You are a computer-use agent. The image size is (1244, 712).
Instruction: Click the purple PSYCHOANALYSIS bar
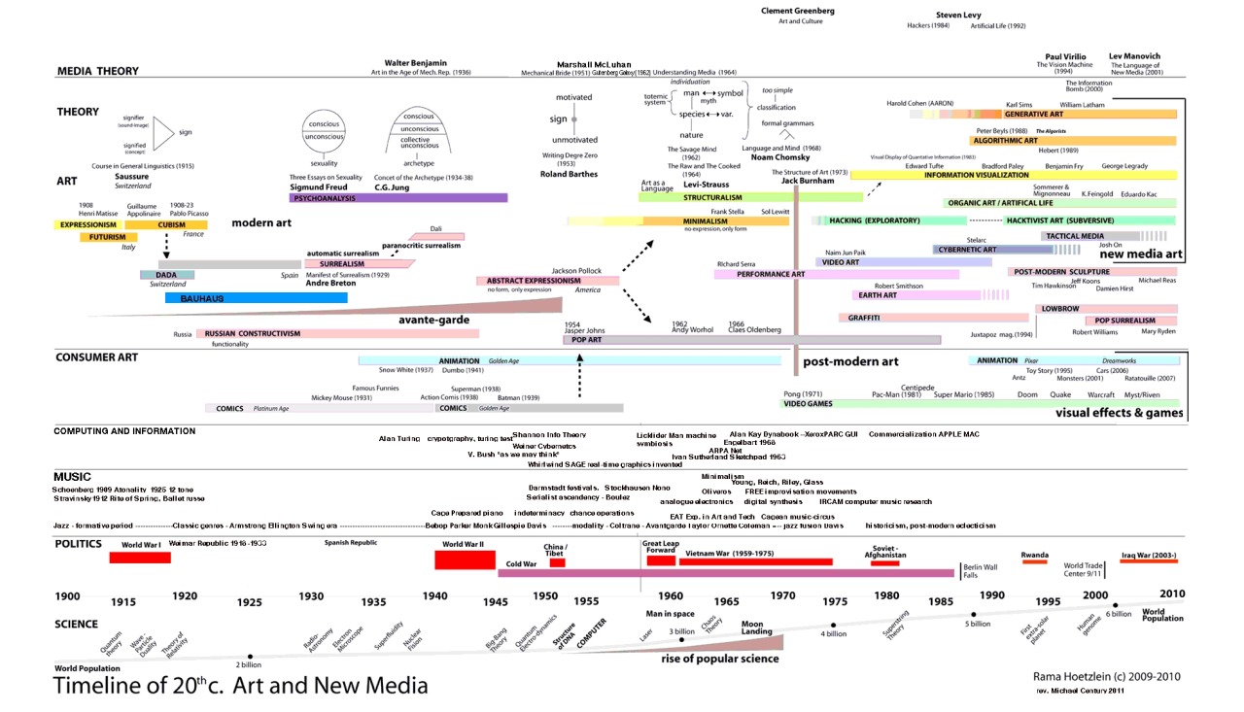coord(398,197)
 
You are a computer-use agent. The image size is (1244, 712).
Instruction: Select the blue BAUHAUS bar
coord(257,298)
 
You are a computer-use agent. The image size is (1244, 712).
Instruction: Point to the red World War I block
coord(140,558)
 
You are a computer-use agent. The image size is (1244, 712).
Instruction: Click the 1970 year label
coord(783,594)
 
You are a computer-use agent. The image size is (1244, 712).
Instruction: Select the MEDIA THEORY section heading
coord(98,71)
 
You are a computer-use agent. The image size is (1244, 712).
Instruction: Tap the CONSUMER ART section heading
coord(101,357)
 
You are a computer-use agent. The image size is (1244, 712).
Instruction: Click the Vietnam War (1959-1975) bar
coord(755,561)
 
